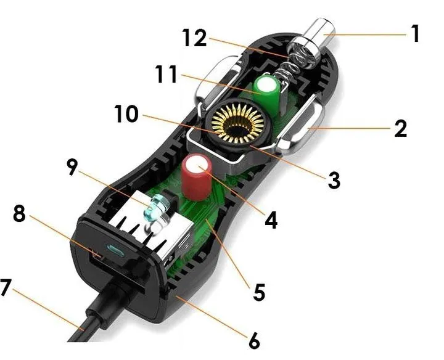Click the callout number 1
pos(415,33)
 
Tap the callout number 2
pos(400,128)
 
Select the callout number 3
pos(334,180)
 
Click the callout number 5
pos(259,292)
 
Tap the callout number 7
pos(6,287)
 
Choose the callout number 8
pos(19,214)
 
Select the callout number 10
pos(126,114)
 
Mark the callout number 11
pos(166,74)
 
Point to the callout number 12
pos(194,38)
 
